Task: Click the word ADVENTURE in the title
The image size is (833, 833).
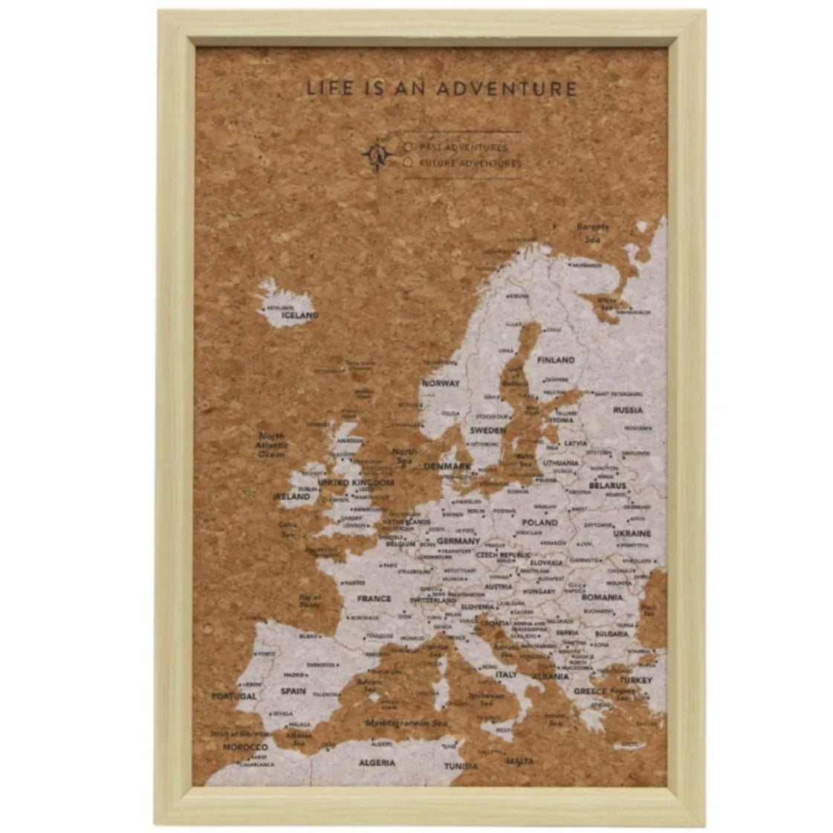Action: click(506, 89)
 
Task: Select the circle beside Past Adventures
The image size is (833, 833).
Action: click(408, 147)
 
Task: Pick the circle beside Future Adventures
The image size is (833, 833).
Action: click(408, 162)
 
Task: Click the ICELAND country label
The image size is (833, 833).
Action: click(299, 315)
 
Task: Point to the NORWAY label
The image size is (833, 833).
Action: click(441, 383)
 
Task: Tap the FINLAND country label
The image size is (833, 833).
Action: click(557, 360)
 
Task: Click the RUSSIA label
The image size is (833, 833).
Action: click(628, 409)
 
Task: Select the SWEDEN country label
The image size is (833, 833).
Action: click(487, 430)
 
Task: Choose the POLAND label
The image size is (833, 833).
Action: click(539, 522)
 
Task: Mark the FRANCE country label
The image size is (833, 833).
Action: click(374, 598)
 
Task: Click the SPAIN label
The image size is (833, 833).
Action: click(293, 691)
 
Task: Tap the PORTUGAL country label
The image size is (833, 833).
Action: click(233, 696)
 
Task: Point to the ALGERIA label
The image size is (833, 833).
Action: click(377, 763)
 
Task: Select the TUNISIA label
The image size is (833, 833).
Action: click(461, 766)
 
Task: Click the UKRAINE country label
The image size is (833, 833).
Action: click(632, 533)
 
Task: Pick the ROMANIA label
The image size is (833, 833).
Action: click(602, 597)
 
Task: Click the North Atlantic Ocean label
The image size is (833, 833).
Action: click(271, 444)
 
